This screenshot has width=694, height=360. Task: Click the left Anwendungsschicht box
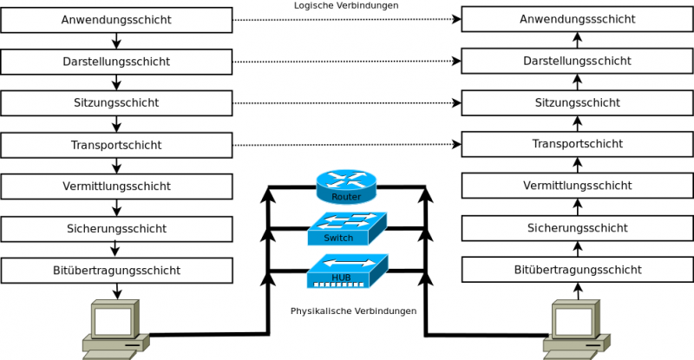[x=117, y=20]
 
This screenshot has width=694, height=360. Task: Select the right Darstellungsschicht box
[x=576, y=62]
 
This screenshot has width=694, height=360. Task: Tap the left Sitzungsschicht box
[x=117, y=103]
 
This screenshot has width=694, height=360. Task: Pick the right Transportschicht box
[x=576, y=144]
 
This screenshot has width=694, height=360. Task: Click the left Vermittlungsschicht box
[x=117, y=187]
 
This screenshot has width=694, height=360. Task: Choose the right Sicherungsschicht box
[x=576, y=227]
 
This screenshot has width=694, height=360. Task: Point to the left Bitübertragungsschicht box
[x=117, y=270]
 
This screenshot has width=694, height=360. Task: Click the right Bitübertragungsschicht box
[x=576, y=270]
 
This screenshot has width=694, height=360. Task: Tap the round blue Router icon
[x=345, y=185]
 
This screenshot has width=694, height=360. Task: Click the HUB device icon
[x=345, y=271]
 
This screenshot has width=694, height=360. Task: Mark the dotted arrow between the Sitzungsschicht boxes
[x=347, y=103]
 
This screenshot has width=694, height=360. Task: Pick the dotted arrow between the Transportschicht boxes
[x=347, y=145]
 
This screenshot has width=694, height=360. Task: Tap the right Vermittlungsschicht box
[x=576, y=186]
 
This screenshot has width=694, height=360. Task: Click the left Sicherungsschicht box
[x=117, y=228]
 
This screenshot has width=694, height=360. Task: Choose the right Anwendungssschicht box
[x=576, y=20]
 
